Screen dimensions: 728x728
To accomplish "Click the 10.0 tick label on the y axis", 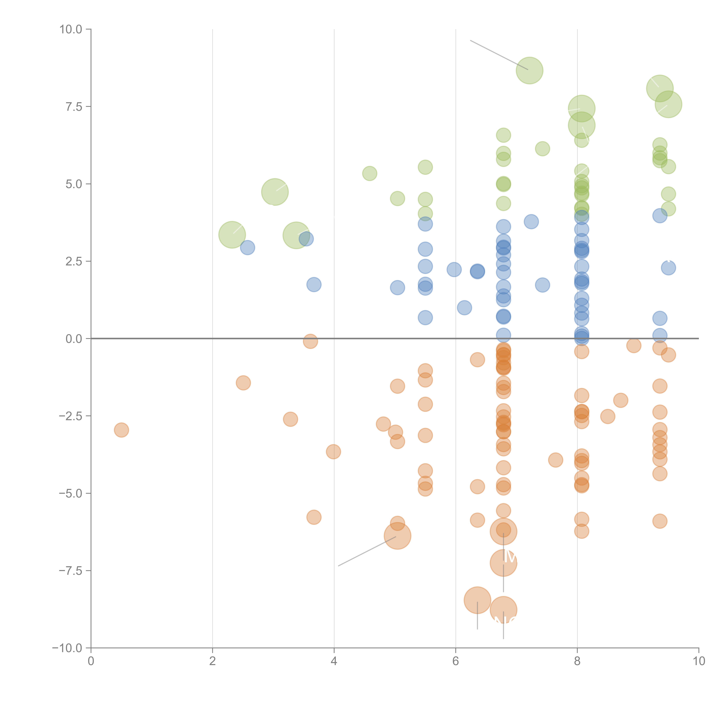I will (71, 29).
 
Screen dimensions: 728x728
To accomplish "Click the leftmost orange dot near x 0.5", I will (121, 430).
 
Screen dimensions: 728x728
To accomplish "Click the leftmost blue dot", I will (247, 248).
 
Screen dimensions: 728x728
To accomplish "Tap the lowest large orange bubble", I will (503, 610).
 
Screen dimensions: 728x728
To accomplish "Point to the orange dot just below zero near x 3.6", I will (310, 341).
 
